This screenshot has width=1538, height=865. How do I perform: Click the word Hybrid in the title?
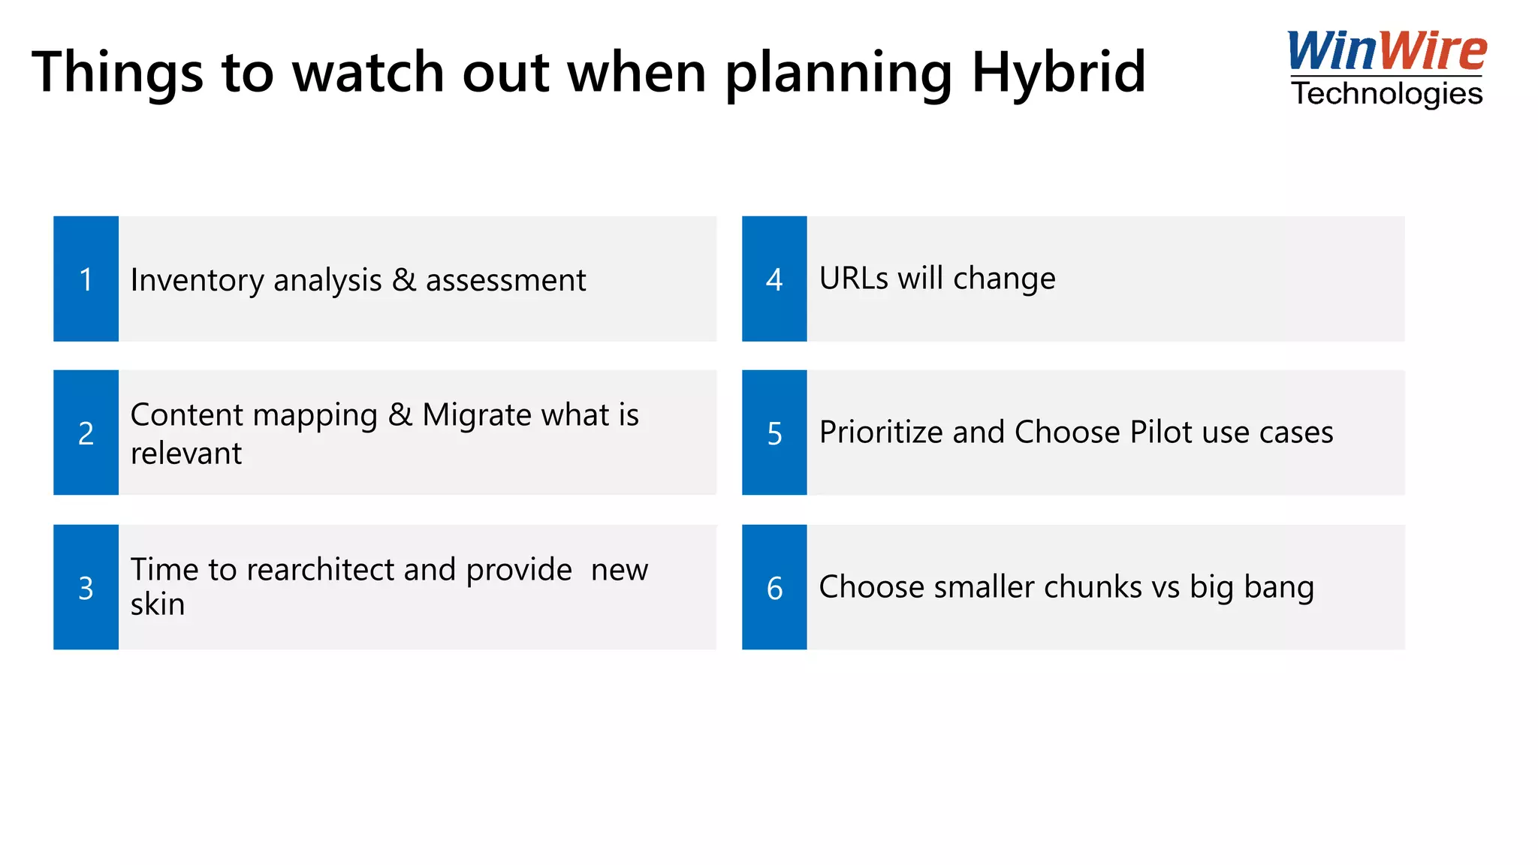pos(1058,72)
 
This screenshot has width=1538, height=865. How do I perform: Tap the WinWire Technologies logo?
pos(1386,70)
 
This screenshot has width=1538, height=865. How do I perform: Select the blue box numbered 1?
pos(86,279)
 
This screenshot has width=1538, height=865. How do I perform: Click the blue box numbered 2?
pos(86,432)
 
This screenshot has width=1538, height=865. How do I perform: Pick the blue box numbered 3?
pos(86,587)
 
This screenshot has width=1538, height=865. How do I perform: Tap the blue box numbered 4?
pos(774,279)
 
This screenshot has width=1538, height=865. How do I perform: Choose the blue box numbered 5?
pos(774,432)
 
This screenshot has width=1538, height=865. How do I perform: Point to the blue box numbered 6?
pos(774,587)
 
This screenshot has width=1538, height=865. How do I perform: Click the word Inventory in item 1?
pos(198,280)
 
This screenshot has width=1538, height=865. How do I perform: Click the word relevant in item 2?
pos(186,454)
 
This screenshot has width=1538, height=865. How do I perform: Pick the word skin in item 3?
pos(158,604)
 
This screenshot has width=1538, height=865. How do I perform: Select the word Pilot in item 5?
pos(1161,432)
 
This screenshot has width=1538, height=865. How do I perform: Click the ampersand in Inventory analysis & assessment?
pos(404,279)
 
